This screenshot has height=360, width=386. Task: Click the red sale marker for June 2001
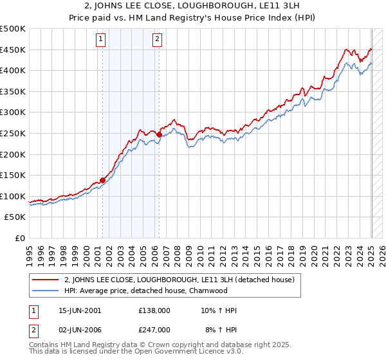(102, 180)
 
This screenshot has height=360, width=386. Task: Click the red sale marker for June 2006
(159, 134)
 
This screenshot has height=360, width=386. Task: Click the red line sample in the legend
(46, 280)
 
